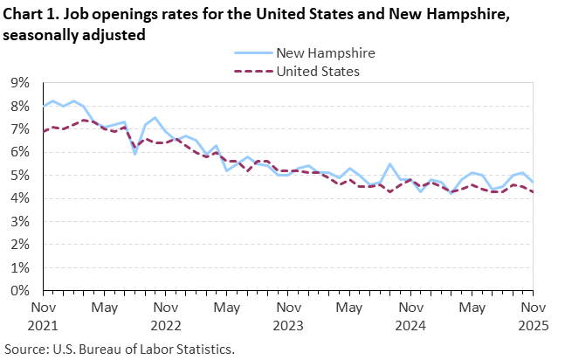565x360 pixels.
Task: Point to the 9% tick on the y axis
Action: pyautogui.click(x=20, y=83)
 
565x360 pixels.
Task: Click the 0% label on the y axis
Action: pyautogui.click(x=20, y=291)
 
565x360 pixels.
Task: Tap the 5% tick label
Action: pyautogui.click(x=20, y=176)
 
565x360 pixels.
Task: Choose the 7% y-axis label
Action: pyautogui.click(x=20, y=129)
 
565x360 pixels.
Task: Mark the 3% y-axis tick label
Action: pyautogui.click(x=20, y=222)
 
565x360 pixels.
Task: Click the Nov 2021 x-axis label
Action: pyautogui.click(x=44, y=315)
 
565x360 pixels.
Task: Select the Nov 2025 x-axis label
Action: pyautogui.click(x=534, y=315)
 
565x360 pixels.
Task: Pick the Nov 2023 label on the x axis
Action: pyautogui.click(x=288, y=315)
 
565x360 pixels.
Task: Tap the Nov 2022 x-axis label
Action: pyautogui.click(x=166, y=315)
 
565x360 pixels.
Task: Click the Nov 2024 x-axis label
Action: pyautogui.click(x=410, y=315)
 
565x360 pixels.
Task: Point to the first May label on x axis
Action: pyautogui.click(x=105, y=308)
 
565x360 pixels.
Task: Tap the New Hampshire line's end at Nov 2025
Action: pyautogui.click(x=534, y=182)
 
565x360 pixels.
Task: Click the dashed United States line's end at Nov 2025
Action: pyautogui.click(x=534, y=192)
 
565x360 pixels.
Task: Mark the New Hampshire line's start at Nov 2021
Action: pyautogui.click(x=44, y=106)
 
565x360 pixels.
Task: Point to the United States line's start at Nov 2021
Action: pyautogui.click(x=44, y=131)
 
